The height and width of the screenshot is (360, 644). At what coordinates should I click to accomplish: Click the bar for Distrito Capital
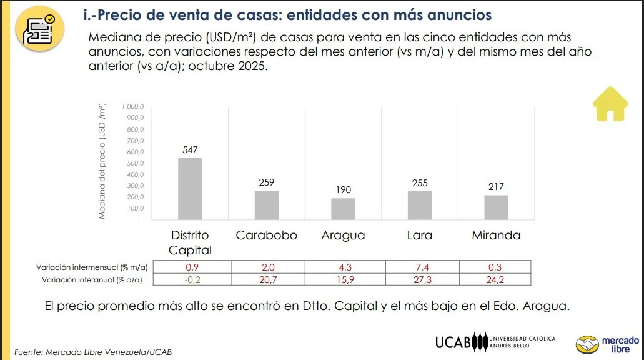[190, 189]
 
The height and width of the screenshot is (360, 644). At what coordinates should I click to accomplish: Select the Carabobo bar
[267, 205]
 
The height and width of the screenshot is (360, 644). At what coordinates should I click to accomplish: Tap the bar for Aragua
[343, 209]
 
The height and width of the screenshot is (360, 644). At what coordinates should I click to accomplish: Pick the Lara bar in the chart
[420, 205]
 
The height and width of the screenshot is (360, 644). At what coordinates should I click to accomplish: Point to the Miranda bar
[496, 207]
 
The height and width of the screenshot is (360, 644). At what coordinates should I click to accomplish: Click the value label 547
[190, 150]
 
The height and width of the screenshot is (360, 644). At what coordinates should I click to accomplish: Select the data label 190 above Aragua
[343, 190]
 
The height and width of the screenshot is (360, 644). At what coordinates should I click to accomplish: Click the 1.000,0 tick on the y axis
[133, 107]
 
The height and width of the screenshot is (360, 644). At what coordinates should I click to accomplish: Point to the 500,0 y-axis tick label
[134, 163]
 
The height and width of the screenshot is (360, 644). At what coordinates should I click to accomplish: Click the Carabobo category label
[267, 236]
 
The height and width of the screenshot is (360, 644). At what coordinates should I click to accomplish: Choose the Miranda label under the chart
[496, 236]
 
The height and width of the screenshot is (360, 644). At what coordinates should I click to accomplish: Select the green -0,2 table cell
[192, 280]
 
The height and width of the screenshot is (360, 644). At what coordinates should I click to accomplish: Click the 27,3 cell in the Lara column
[423, 280]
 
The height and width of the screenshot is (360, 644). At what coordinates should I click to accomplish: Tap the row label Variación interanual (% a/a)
[92, 280]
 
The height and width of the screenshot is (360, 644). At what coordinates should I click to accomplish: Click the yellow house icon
[609, 104]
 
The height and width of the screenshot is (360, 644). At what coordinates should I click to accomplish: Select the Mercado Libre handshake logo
[587, 344]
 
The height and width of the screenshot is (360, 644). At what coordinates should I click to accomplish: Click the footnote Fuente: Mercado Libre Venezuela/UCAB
[92, 352]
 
